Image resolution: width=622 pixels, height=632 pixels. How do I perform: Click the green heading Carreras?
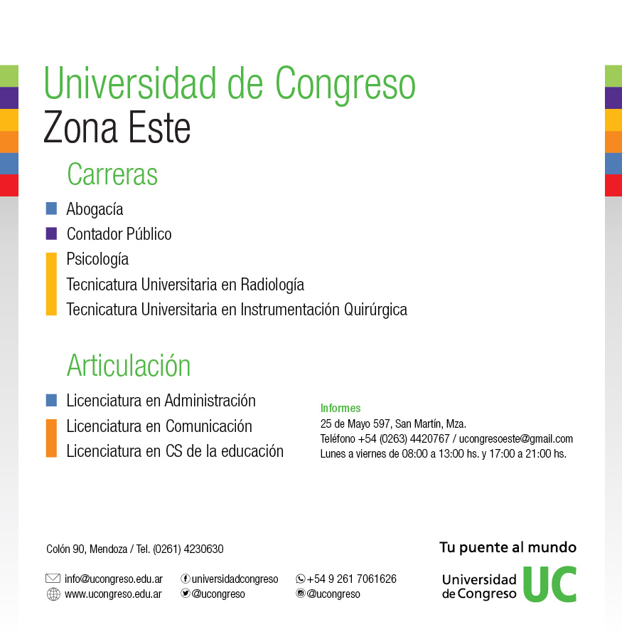[112, 174]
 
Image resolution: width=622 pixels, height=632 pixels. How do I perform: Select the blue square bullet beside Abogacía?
[51, 209]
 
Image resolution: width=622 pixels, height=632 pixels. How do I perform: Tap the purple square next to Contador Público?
[51, 233]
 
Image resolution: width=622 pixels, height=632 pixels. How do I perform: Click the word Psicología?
[97, 260]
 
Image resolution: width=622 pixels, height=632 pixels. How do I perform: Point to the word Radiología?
[272, 285]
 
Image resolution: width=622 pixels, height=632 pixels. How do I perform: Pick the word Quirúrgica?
[375, 310]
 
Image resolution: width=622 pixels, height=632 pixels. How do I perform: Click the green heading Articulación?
[129, 365]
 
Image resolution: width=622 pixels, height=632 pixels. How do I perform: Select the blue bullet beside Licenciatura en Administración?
[51, 400]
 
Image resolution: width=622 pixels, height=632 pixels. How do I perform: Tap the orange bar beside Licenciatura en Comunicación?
[51, 438]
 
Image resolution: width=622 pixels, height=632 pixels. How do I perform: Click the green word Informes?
[341, 409]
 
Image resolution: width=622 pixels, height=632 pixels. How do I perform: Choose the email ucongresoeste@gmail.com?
[515, 439]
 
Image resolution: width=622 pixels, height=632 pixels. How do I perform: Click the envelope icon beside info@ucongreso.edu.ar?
[53, 579]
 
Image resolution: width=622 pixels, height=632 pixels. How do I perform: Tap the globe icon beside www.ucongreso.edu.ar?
[53, 594]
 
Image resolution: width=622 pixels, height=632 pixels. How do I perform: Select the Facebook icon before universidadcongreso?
[186, 579]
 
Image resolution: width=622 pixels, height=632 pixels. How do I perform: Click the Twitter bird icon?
[186, 594]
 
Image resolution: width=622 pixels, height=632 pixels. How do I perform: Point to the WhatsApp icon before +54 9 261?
[300, 579]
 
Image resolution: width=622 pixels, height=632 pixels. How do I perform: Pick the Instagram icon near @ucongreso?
[300, 594]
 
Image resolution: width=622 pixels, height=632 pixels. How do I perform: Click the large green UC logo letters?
[550, 584]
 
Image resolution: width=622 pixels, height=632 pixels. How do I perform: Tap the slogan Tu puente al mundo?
[508, 548]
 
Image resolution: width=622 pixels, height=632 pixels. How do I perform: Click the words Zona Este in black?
[117, 128]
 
